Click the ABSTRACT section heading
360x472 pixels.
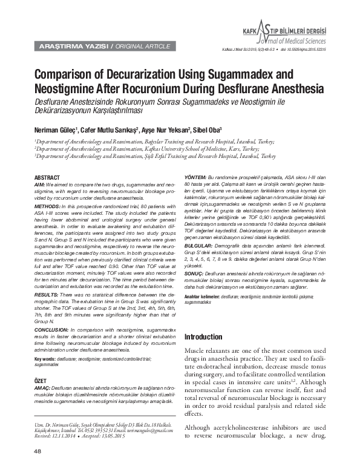tap(47, 176)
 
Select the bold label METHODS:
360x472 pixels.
tap(49, 206)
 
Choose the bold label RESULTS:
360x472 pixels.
tap(47, 293)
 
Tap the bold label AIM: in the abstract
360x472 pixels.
tap(39, 182)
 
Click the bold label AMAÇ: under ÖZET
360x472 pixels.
tap(42, 385)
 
